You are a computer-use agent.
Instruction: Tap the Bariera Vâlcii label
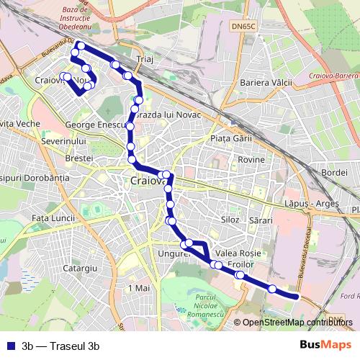(x=266, y=83)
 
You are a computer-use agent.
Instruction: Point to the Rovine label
(x=251, y=158)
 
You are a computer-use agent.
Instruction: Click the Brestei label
(x=79, y=157)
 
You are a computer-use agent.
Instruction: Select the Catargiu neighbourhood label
(x=81, y=268)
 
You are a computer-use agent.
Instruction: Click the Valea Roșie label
(x=237, y=253)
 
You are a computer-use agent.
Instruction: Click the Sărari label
(x=262, y=218)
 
